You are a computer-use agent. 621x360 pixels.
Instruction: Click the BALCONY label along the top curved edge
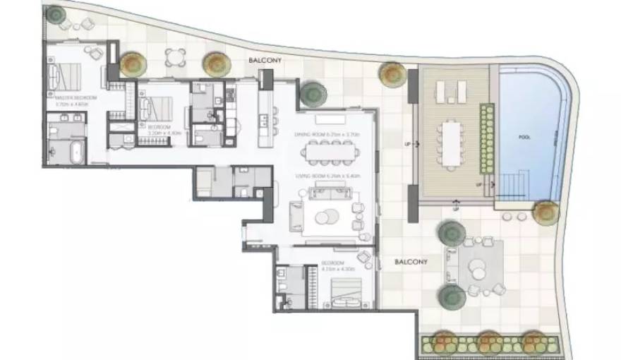(265, 61)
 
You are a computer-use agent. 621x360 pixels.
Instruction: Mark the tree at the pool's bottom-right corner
(545, 212)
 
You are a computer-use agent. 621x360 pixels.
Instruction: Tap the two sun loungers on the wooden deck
(451, 90)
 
